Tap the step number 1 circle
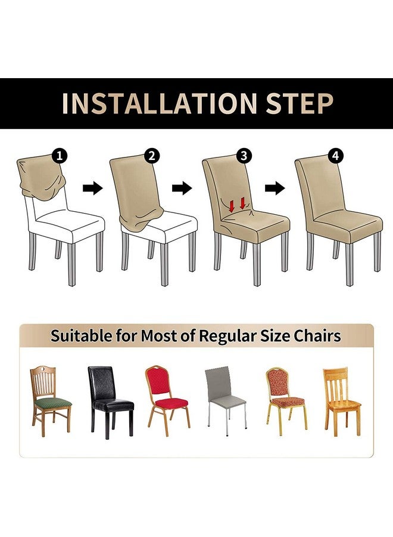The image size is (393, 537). click(x=60, y=156)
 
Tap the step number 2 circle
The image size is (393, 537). click(x=152, y=156)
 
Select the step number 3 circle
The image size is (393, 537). click(x=244, y=156)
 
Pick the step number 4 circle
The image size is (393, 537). click(x=336, y=156)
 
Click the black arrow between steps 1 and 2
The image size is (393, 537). click(x=92, y=189)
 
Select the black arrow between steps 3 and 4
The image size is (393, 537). click(x=275, y=189)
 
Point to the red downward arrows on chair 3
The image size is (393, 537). click(x=237, y=205)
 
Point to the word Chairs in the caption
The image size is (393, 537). click(x=317, y=335)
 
